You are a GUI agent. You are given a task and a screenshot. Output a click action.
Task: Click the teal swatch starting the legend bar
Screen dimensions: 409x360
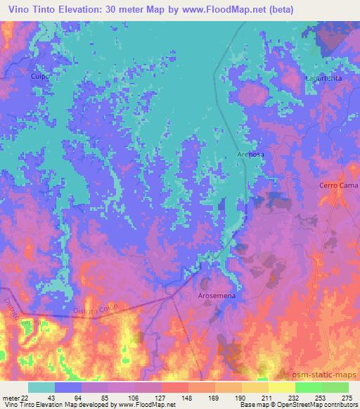click(41, 387)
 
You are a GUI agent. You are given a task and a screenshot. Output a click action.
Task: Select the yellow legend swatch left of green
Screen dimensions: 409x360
click(281, 387)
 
